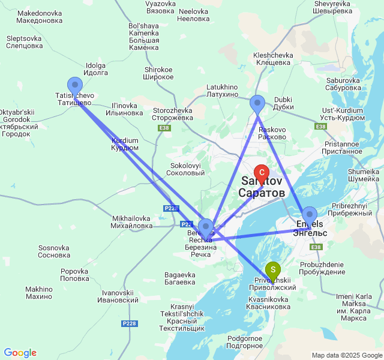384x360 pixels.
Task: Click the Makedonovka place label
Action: (x=40, y=17)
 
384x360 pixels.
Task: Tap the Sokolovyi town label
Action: (x=188, y=169)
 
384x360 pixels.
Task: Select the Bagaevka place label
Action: (x=179, y=278)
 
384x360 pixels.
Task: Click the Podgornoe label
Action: (x=245, y=343)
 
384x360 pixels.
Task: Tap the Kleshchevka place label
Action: (x=273, y=59)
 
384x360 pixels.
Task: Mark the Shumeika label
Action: (x=363, y=175)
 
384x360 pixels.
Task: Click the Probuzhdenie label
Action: (x=322, y=268)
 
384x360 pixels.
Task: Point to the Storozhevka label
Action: (x=172, y=114)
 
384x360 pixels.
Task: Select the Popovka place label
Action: (x=75, y=275)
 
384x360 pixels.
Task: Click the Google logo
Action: (x=20, y=353)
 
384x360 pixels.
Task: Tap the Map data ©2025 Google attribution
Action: (x=346, y=355)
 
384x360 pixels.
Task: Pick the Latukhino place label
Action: (x=223, y=91)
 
